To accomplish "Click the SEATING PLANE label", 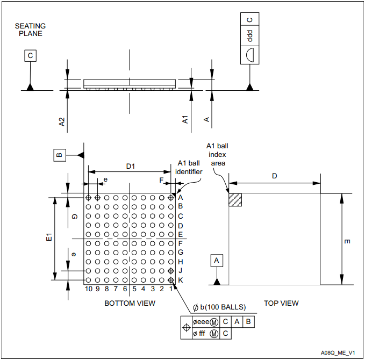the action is (x=30, y=30).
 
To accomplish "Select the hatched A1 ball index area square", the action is (x=235, y=200).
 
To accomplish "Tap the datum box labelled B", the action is (x=60, y=155).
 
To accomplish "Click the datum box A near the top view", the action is (x=217, y=261).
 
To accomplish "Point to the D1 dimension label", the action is (x=131, y=166).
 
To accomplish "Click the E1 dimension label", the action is (x=49, y=237).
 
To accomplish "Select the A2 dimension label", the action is (x=62, y=122).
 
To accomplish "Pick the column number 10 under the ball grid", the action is (x=89, y=289).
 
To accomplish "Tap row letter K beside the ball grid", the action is (x=181, y=280).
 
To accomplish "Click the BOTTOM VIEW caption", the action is (x=130, y=303).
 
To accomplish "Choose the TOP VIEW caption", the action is (x=281, y=303).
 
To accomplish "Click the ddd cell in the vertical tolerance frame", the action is (x=250, y=35).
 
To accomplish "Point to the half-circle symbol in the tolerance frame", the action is (x=250, y=55).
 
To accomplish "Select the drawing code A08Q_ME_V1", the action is (x=338, y=353).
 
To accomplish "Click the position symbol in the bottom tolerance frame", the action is (x=186, y=327).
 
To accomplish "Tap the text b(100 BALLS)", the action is (x=223, y=307).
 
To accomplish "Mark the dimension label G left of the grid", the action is (x=74, y=217).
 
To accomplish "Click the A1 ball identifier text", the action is (x=189, y=167).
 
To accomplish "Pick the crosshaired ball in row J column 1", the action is (x=171, y=271).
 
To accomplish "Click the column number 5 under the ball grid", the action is (x=134, y=289).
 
